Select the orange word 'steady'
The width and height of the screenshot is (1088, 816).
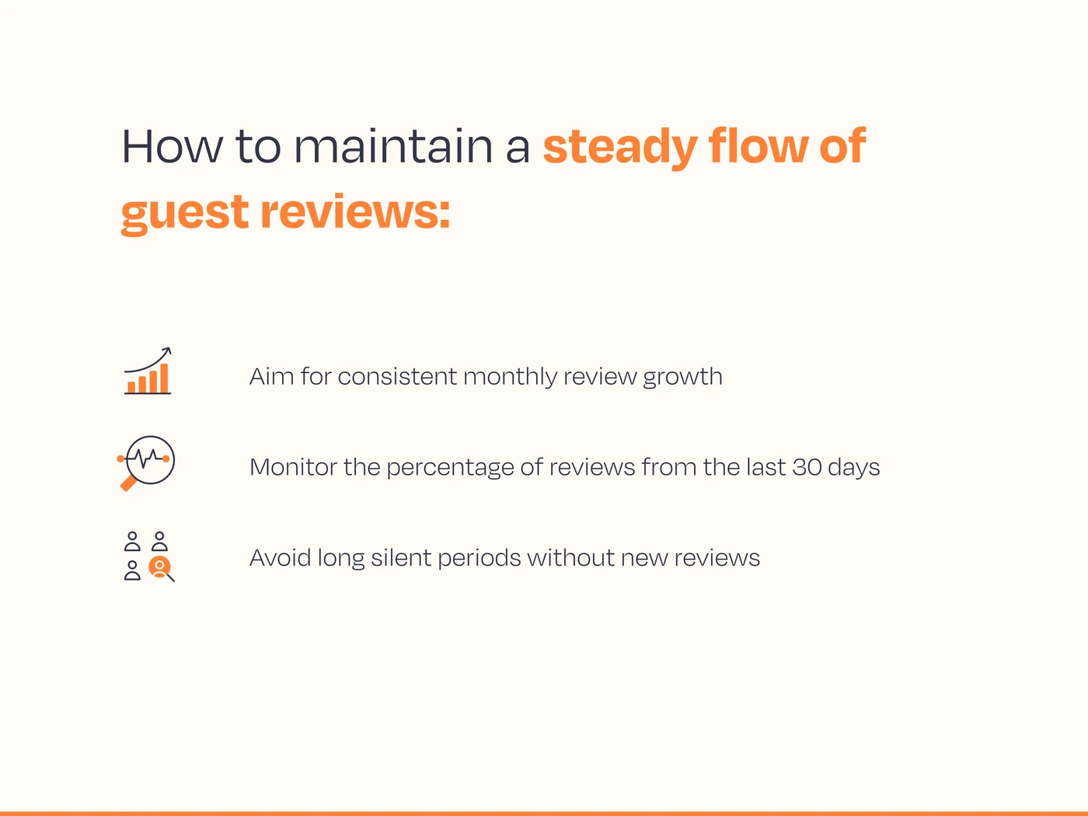pyautogui.click(x=619, y=148)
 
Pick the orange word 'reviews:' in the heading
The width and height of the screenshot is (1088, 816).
pyautogui.click(x=355, y=211)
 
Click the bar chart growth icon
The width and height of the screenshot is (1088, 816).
pyautogui.click(x=148, y=371)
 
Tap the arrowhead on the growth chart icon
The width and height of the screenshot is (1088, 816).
pyautogui.click(x=166, y=351)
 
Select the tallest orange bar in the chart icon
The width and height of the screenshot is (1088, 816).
pyautogui.click(x=164, y=378)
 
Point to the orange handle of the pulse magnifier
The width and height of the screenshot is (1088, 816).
pyautogui.click(x=128, y=483)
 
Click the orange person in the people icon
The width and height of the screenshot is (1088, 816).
pyautogui.click(x=159, y=567)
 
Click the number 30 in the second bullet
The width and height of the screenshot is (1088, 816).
pyautogui.click(x=807, y=467)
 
